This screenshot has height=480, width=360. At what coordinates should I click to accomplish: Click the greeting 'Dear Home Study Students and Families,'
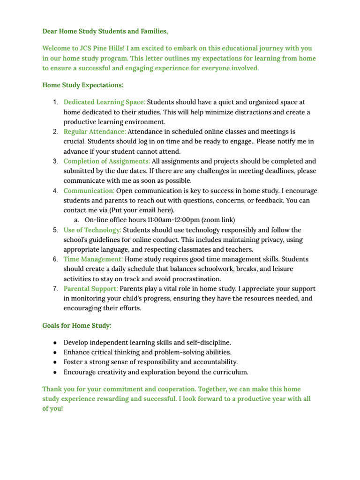[105, 31]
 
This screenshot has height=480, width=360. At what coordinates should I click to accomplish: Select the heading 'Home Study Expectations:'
[82, 85]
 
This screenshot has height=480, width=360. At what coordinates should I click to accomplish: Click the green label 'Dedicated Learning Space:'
[104, 102]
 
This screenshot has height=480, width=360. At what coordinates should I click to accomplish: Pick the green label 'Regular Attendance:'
[95, 132]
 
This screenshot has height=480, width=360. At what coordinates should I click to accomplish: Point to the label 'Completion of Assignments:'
[107, 161]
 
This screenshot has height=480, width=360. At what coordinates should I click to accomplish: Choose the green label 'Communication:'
[89, 191]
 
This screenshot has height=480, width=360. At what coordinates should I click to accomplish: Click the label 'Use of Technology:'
[92, 230]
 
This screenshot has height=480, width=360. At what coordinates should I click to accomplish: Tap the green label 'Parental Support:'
[90, 289]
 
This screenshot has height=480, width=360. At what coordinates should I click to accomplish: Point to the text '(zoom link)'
[218, 220]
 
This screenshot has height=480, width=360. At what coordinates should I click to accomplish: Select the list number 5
[55, 230]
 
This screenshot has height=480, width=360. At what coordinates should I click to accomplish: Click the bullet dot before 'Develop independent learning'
[55, 343]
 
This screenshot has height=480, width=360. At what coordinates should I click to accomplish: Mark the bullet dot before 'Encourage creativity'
[55, 372]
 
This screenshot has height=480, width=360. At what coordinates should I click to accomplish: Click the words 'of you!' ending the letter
[52, 408]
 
